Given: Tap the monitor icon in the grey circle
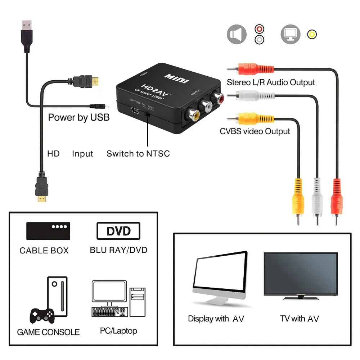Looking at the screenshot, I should coord(291,34).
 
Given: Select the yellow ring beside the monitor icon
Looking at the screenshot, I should coord(312,34).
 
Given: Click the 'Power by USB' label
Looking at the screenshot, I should coord(79,117).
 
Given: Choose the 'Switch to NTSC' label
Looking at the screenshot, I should coord(138,154).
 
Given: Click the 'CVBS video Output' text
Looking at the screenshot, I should coord(255,131).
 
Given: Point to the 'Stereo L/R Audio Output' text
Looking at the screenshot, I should coord(271,82).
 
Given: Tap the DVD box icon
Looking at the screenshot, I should coord(118,231).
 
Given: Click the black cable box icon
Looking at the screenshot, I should coord(48,231).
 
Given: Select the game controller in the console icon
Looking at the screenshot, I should coord(42,315).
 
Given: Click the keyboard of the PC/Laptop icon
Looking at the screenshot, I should coord(109,311).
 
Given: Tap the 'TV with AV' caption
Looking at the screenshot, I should coord(300,319).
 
